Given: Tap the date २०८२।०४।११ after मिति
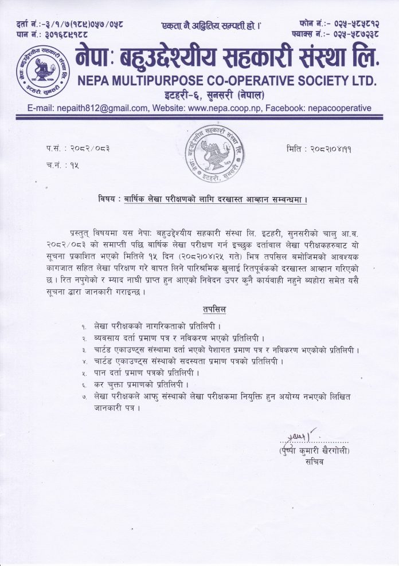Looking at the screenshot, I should [x=331, y=148].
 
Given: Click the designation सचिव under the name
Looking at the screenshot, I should [x=315, y=462].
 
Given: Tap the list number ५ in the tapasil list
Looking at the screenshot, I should [x=84, y=373].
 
